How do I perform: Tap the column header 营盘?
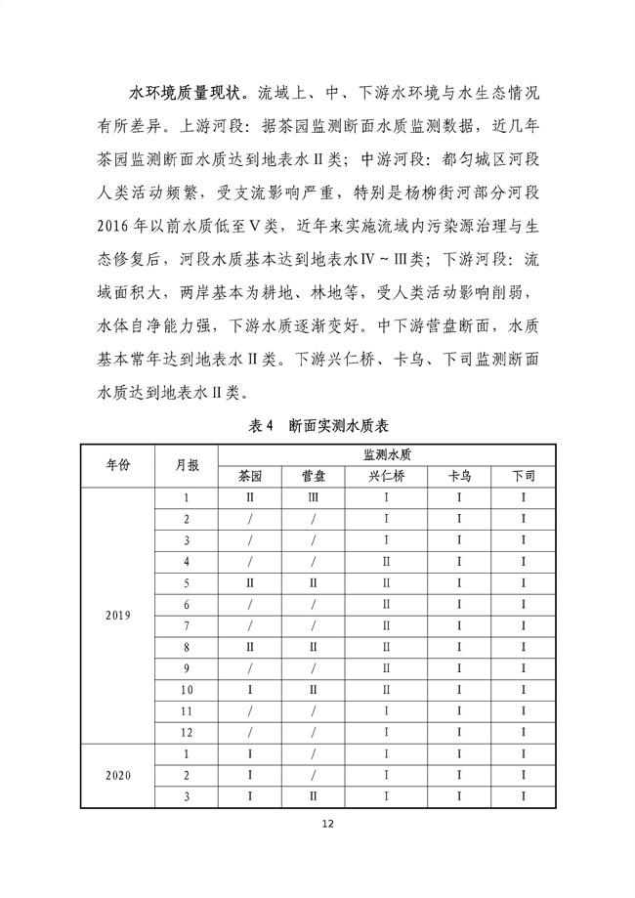pos(313,477)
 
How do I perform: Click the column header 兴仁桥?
pos(387,477)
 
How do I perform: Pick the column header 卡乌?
pos(459,477)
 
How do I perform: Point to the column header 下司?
pos(524,477)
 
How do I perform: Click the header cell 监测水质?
pos(387,454)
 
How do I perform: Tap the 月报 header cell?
pos(187,465)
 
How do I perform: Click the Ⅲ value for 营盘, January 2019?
pos(313,498)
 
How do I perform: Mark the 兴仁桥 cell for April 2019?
pos(387,562)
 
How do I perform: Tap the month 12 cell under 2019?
pos(187,732)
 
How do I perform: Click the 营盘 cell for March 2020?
pos(313,796)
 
